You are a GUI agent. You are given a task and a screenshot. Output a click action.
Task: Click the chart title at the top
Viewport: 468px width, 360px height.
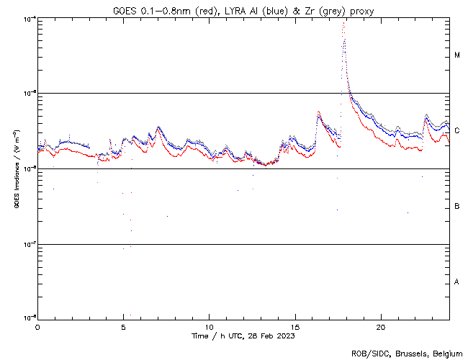[x=243, y=9]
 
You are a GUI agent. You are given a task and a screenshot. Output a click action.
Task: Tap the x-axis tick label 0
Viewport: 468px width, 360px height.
[x=37, y=326]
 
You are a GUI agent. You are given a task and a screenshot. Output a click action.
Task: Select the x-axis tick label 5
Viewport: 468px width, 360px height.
[x=123, y=326]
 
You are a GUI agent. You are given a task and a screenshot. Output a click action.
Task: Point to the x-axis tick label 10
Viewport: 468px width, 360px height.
[x=210, y=326]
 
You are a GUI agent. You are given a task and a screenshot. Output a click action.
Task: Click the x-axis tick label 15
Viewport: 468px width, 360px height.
[x=295, y=326]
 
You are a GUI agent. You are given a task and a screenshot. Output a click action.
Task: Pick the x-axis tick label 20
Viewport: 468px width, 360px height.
[x=381, y=326]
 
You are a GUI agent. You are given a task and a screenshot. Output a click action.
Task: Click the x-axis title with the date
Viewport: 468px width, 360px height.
[x=243, y=336]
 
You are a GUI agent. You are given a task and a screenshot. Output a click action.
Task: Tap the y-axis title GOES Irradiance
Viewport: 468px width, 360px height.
[x=17, y=171]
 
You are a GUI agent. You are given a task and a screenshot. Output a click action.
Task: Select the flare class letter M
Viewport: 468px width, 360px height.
[x=457, y=55]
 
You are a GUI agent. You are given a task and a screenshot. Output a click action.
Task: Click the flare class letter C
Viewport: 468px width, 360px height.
[x=457, y=130]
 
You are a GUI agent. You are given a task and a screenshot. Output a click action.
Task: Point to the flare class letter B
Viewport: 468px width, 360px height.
[x=457, y=207]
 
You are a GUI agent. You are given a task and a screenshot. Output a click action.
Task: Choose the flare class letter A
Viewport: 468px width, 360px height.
[x=457, y=282]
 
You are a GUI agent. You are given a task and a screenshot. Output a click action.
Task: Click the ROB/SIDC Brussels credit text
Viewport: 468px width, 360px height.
[x=406, y=353]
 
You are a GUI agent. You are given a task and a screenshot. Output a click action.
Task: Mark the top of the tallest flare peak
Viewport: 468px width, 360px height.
[x=344, y=23]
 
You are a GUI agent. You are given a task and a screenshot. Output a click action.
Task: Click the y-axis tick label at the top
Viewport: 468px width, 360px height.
[x=30, y=19]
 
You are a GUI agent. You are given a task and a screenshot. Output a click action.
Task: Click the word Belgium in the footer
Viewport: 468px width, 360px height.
[x=446, y=353]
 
